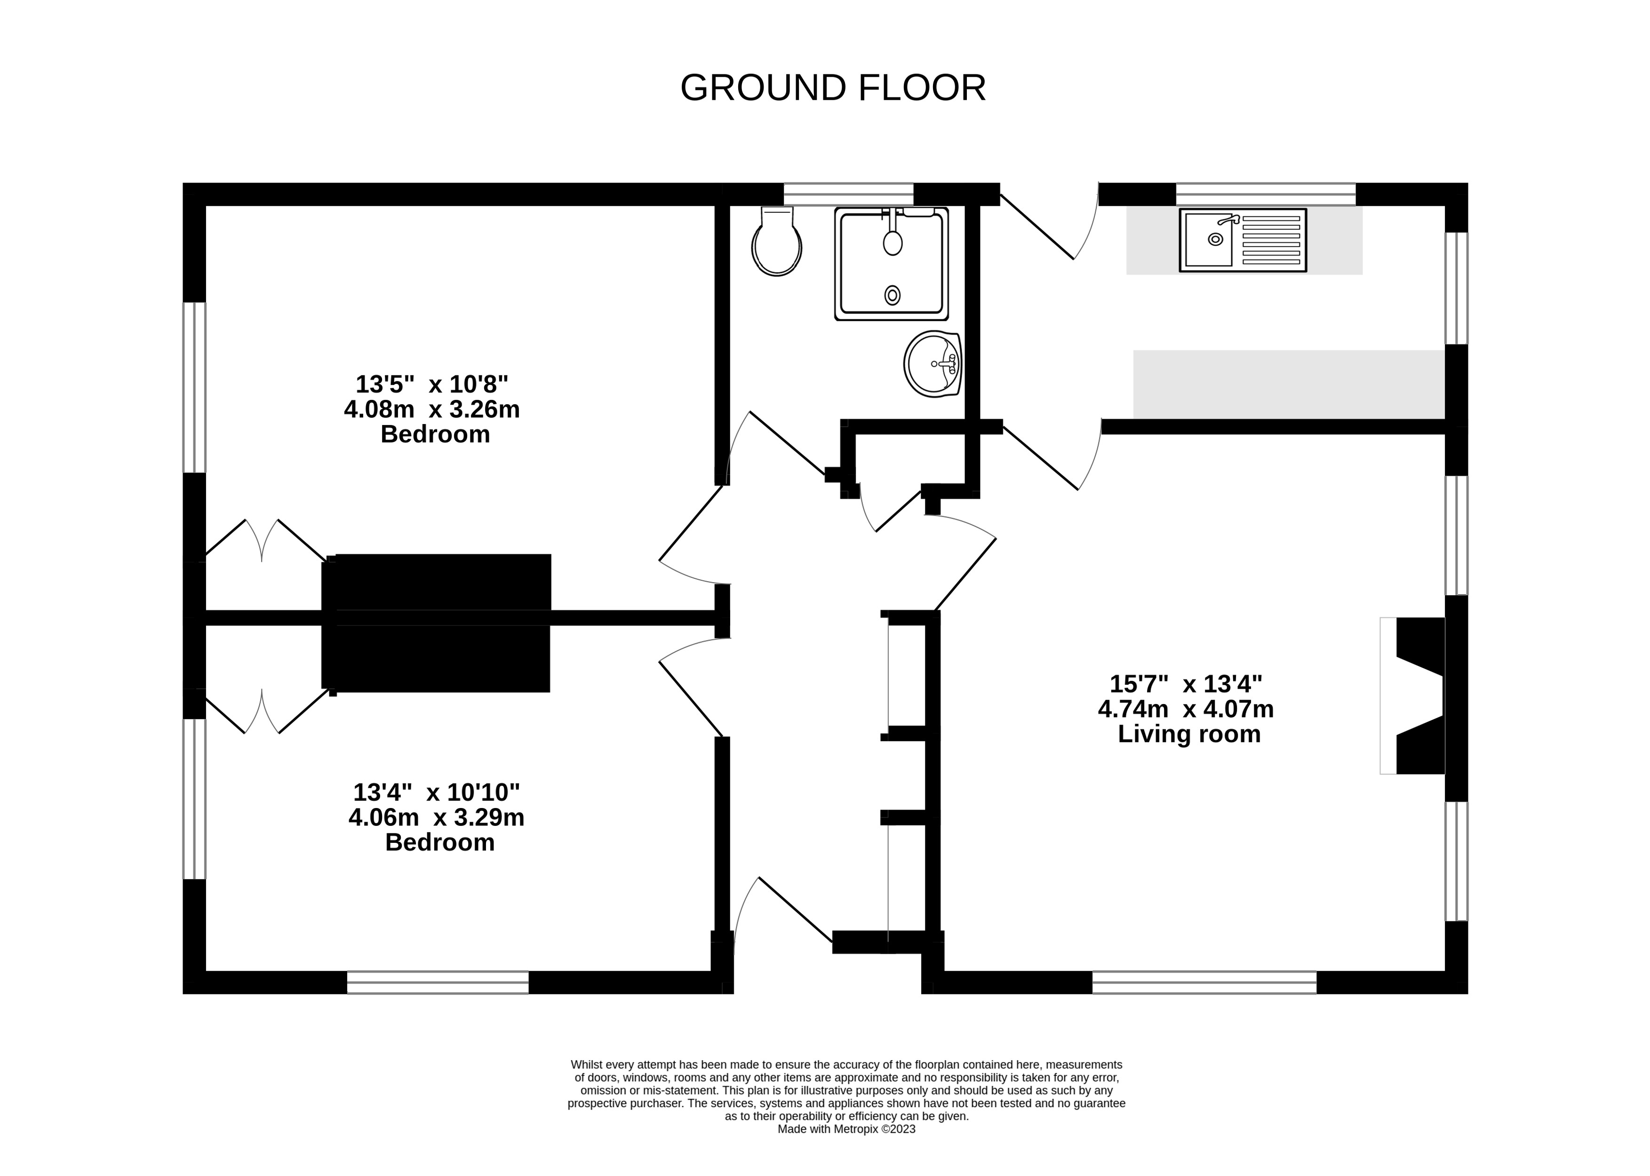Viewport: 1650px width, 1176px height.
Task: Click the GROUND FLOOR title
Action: (x=833, y=88)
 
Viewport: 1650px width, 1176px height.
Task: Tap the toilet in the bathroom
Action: (x=778, y=241)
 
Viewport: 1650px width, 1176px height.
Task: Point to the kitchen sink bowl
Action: (x=1208, y=240)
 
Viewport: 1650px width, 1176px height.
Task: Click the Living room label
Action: (x=1189, y=734)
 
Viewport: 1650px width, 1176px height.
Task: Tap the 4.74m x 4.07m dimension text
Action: (x=1186, y=708)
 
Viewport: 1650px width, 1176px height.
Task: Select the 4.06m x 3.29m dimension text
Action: (x=437, y=817)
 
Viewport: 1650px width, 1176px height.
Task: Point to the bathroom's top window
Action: (x=849, y=194)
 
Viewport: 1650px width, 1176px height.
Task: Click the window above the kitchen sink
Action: (x=1266, y=194)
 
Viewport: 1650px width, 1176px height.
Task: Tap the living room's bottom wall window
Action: (x=1204, y=982)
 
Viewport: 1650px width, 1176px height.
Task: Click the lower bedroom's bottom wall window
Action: (x=438, y=982)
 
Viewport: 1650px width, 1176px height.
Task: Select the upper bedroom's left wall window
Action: (x=194, y=387)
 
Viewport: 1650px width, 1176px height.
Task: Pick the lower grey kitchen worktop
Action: (x=1289, y=384)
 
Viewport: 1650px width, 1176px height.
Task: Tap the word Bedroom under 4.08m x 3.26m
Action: (x=435, y=434)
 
